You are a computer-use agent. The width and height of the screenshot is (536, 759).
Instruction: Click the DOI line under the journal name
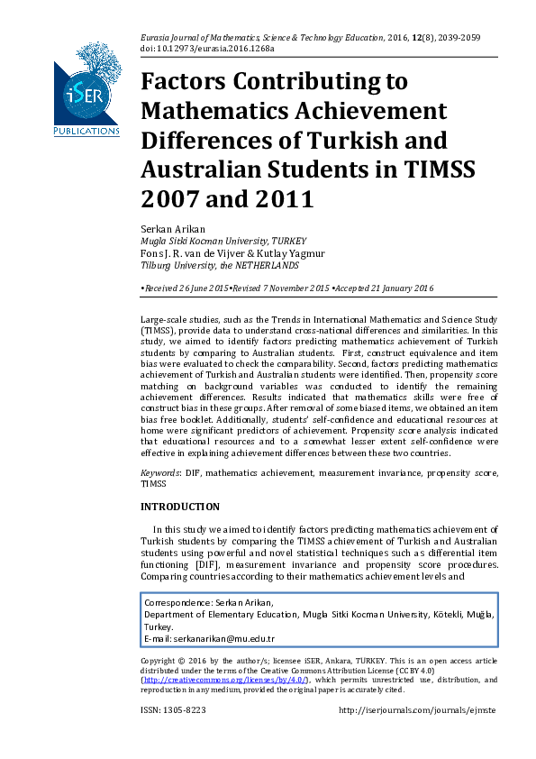tap(208, 48)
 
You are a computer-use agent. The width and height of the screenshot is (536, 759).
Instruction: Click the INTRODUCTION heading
tap(180, 507)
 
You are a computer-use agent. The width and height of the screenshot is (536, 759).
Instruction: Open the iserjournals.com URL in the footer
tap(416, 710)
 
